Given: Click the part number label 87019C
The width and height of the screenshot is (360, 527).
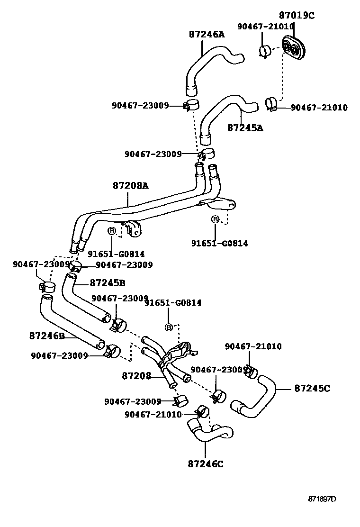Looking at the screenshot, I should (x=296, y=16).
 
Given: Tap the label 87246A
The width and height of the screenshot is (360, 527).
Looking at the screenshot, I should (x=207, y=35).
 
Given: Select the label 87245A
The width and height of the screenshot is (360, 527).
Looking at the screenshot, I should (x=245, y=127).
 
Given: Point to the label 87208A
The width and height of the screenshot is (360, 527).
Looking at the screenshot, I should (x=130, y=186).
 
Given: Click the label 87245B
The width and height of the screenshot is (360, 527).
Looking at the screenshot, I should (x=108, y=283).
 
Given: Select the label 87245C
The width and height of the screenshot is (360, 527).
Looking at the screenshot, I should (x=312, y=388).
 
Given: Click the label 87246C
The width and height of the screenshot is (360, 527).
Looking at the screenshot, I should (x=205, y=463).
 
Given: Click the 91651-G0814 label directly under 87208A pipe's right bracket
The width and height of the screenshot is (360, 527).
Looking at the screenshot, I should (x=219, y=243).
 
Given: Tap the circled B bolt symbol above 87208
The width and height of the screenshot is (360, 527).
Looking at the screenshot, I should (x=168, y=327).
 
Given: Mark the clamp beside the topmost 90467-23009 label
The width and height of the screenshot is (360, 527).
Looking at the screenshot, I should (x=191, y=105).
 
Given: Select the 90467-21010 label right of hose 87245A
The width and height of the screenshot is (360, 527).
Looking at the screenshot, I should (x=319, y=108).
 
